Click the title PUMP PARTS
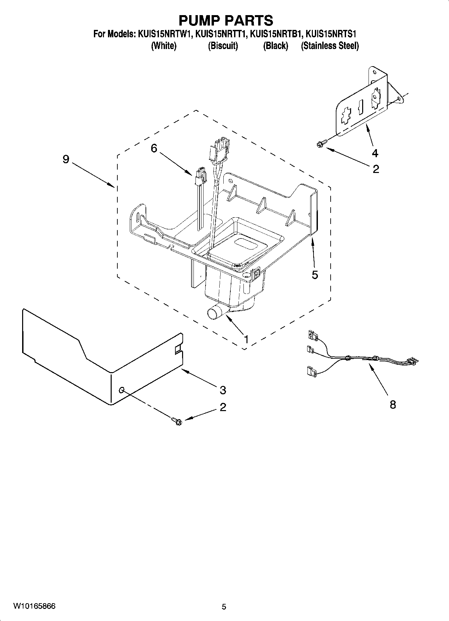point(226,21)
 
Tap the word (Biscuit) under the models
point(223,46)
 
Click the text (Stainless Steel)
point(330,46)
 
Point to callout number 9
point(66,159)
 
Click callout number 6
point(154,148)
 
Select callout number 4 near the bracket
point(375,153)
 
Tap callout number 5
point(315,275)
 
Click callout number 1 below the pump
point(246,339)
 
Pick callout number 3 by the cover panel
point(223,390)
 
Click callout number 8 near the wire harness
point(393,404)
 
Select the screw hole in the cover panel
point(122,390)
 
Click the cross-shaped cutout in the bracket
point(345,117)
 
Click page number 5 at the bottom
point(224,607)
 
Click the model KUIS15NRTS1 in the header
point(331,34)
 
